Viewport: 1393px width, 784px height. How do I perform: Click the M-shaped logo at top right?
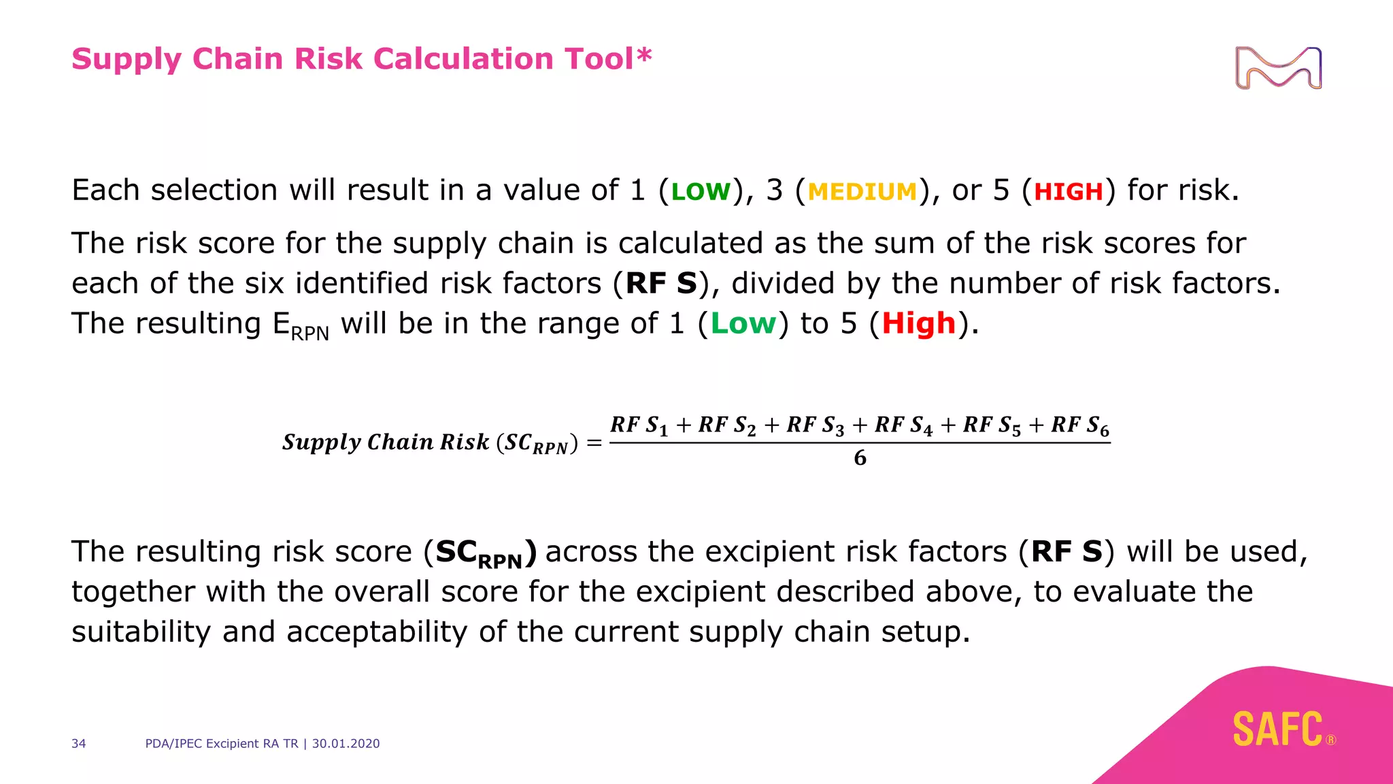(1278, 67)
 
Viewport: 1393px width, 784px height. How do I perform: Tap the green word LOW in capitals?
(701, 192)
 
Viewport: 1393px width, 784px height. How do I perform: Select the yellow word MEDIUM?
(862, 192)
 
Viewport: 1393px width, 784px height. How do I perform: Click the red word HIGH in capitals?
(1068, 192)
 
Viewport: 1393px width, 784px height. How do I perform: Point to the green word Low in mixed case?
(743, 324)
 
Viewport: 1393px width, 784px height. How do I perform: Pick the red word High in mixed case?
(919, 324)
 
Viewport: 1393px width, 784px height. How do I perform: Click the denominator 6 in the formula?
(860, 458)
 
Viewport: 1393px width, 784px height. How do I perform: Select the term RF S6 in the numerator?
(1079, 426)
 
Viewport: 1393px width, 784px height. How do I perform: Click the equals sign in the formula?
(594, 444)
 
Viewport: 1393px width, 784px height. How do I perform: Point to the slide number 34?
(79, 744)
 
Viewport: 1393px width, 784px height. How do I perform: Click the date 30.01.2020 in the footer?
(346, 744)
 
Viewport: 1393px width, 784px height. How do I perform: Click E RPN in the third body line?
(301, 325)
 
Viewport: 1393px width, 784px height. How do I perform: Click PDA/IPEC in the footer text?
(173, 744)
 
